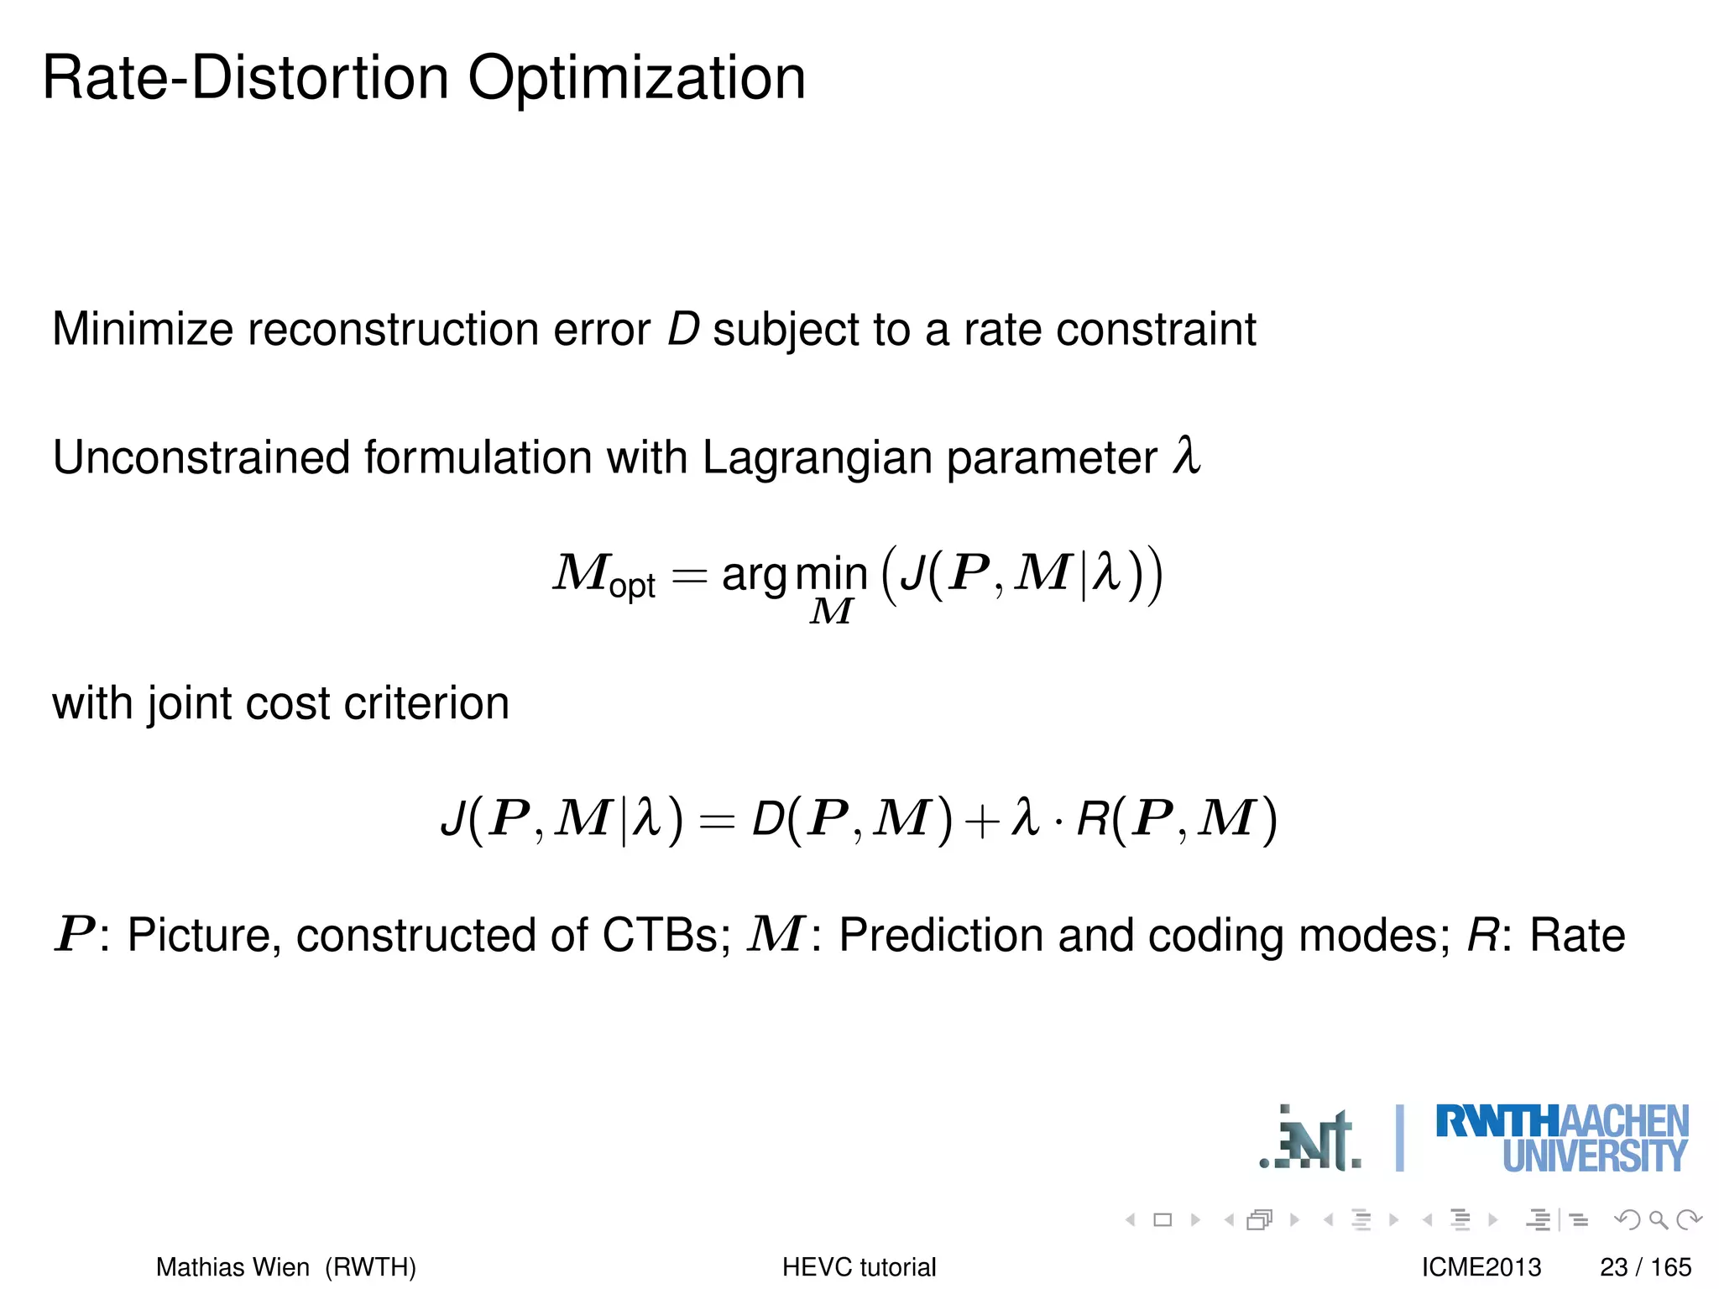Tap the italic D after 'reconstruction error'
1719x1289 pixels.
click(682, 329)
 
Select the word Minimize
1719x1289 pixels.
click(142, 329)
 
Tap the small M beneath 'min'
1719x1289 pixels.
click(831, 612)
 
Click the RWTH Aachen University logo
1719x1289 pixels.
click(1561, 1139)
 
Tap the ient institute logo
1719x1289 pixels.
click(1311, 1139)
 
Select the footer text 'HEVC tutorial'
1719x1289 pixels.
click(859, 1266)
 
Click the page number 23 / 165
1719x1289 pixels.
click(1645, 1266)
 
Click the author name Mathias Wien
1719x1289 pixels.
click(233, 1266)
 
